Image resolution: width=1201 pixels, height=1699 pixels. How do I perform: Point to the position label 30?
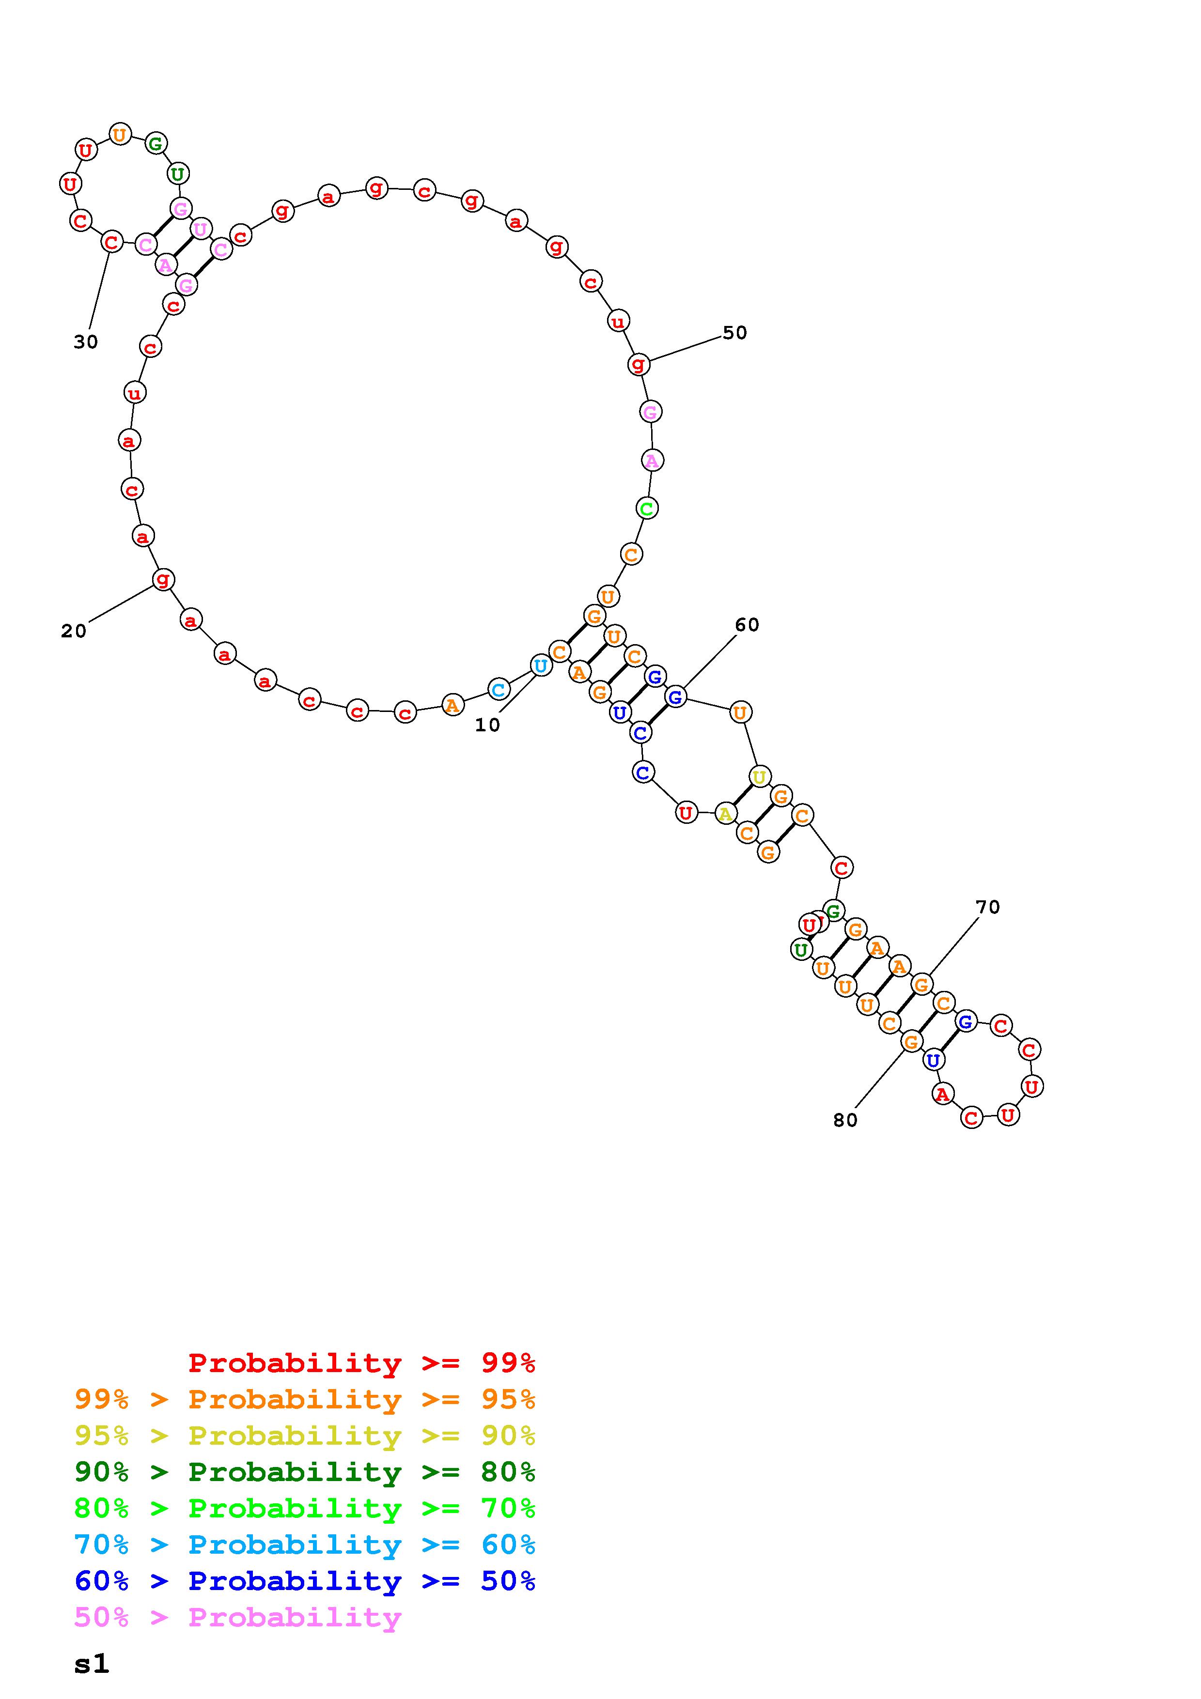86,342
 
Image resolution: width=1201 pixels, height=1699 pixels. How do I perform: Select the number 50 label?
735,333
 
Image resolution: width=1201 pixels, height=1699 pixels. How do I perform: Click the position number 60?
748,625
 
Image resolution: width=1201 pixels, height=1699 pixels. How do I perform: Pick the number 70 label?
988,907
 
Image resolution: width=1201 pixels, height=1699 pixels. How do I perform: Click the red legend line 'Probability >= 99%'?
362,1363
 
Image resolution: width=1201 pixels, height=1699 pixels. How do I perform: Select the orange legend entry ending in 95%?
305,1399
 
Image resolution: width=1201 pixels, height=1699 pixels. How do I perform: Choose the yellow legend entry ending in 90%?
305,1436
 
